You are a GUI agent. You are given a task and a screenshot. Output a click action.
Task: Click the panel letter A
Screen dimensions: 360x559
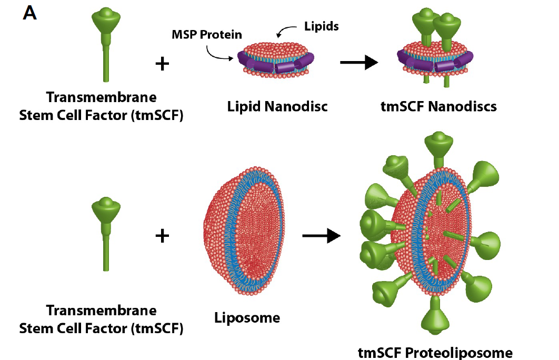coord(30,13)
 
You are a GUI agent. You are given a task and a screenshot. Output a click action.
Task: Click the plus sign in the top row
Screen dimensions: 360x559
coord(163,64)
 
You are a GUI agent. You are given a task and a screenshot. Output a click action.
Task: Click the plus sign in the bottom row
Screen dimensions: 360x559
coord(163,236)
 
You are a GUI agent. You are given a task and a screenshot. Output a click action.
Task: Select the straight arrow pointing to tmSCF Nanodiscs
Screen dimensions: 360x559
coord(359,63)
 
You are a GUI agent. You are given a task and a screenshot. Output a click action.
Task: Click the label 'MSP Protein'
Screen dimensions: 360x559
coord(207,35)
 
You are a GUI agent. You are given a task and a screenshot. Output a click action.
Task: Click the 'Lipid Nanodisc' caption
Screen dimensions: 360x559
coord(277,106)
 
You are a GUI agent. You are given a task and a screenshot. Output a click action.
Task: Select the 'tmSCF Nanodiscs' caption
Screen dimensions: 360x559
coord(438,106)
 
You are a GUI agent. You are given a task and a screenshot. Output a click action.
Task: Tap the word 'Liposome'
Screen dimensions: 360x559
coord(247,317)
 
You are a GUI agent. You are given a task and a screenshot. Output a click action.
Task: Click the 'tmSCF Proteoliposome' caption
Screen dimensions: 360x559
coord(435,352)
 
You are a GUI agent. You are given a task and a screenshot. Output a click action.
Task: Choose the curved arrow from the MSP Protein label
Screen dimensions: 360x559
coord(218,53)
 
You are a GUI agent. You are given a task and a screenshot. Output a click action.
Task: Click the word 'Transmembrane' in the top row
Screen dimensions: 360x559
coord(101,97)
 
